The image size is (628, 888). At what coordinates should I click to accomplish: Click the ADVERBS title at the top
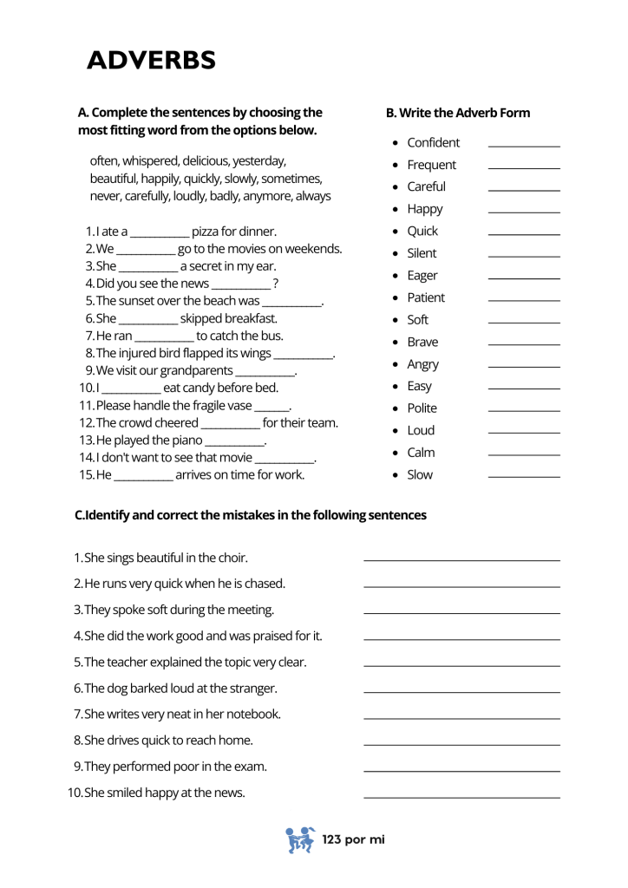click(x=152, y=61)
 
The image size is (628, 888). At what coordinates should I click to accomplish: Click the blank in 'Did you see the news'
click(x=240, y=284)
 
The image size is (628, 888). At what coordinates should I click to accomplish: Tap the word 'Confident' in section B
click(x=433, y=143)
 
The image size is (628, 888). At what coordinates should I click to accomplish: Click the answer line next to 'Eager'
click(x=524, y=278)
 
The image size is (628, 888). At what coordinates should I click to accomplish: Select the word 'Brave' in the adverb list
click(x=422, y=342)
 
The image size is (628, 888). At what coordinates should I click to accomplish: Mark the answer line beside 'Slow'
click(x=524, y=477)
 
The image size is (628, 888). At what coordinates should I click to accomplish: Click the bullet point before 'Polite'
click(x=396, y=408)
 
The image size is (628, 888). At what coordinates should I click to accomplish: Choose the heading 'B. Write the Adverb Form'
click(x=457, y=113)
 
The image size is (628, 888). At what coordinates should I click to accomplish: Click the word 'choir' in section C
click(x=231, y=558)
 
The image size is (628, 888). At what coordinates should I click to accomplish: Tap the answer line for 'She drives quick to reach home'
click(x=461, y=745)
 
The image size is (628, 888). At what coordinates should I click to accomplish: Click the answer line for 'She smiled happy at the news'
click(x=461, y=797)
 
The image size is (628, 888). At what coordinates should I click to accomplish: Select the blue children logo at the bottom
click(x=300, y=839)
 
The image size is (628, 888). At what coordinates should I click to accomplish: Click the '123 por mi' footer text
click(x=353, y=839)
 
